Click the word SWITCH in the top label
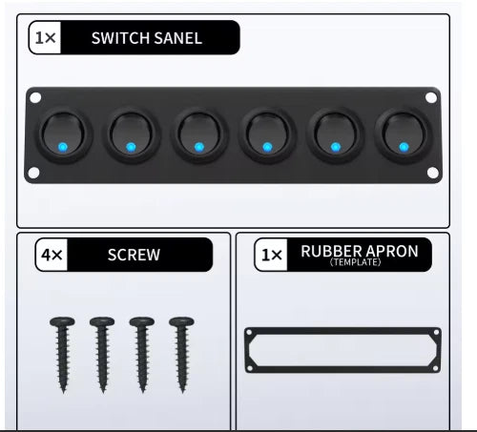116,38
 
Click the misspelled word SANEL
174,38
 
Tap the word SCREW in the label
134,255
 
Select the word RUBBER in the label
331,251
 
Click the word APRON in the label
392,251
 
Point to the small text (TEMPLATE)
356,262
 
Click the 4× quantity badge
52,255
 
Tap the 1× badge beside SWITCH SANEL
46,38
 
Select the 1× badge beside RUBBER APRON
271,255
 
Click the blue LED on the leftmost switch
63,147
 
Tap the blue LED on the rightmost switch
404,147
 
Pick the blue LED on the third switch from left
199,147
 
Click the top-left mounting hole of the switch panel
35,97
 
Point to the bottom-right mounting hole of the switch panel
432,173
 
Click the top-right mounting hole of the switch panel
431,97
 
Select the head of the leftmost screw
62,321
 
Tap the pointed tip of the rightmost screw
182,391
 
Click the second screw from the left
102,355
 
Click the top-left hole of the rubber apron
249,333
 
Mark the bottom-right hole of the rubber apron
436,368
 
